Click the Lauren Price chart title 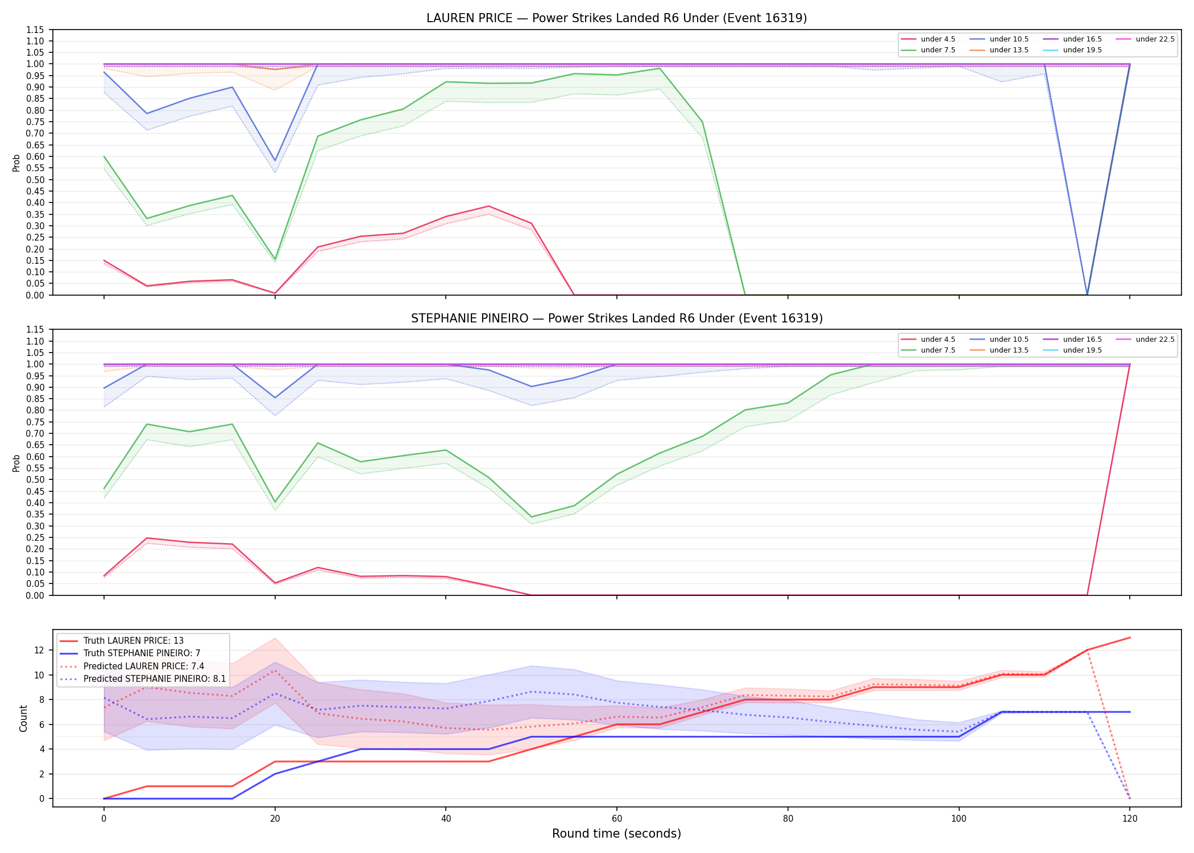[x=616, y=18]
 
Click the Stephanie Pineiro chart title [x=616, y=318]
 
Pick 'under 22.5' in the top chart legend [x=1155, y=39]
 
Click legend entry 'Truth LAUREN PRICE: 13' [x=134, y=641]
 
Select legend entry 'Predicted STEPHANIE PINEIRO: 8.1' [x=155, y=679]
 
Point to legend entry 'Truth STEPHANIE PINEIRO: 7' [x=142, y=653]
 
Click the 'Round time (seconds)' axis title [x=616, y=834]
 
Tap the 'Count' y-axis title [x=23, y=718]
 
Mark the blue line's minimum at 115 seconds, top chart [x=1087, y=295]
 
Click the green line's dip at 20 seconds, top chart [x=275, y=259]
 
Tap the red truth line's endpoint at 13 [x=1130, y=637]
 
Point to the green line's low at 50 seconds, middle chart [x=532, y=517]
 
